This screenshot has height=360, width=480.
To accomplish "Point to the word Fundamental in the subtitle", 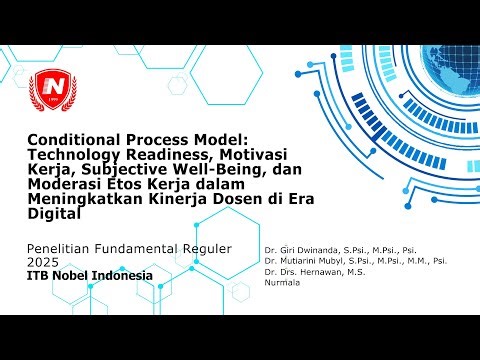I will coord(142,247).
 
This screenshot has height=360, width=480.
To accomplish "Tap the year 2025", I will coord(45,261).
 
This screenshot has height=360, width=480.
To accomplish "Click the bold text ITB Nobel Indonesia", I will coord(90,275).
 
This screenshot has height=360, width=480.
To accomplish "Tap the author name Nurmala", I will coord(281,283).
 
